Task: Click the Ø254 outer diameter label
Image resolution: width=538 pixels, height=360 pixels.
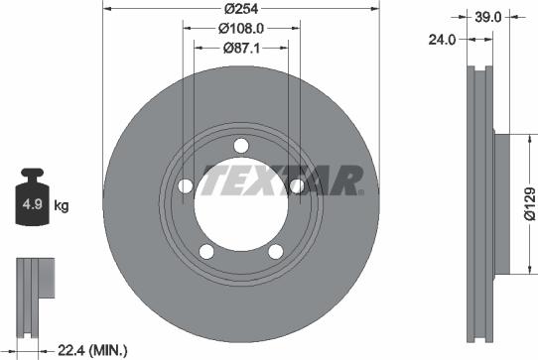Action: point(241,7)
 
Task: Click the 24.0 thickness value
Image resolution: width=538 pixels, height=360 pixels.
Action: point(443,41)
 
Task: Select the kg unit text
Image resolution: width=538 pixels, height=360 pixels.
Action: point(61,206)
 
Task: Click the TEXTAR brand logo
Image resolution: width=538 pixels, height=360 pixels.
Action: point(283,181)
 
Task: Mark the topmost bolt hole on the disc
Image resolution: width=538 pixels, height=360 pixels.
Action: point(241,147)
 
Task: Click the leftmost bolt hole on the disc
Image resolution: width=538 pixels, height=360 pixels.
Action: point(185,186)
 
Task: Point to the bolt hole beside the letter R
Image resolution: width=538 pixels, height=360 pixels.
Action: point(297,186)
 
